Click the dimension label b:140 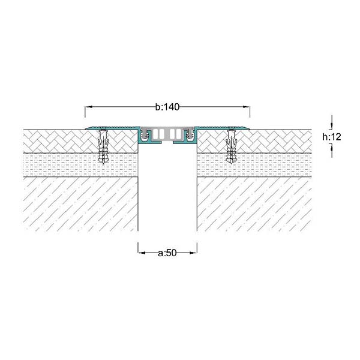(167, 107)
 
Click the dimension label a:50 (167, 253)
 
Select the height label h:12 (332, 137)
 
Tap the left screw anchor (103, 146)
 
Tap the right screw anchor (232, 146)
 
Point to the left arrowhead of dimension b (88, 107)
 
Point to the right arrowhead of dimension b (247, 107)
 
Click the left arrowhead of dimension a (142, 253)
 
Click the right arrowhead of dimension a (193, 253)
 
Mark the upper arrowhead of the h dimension (332, 125)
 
